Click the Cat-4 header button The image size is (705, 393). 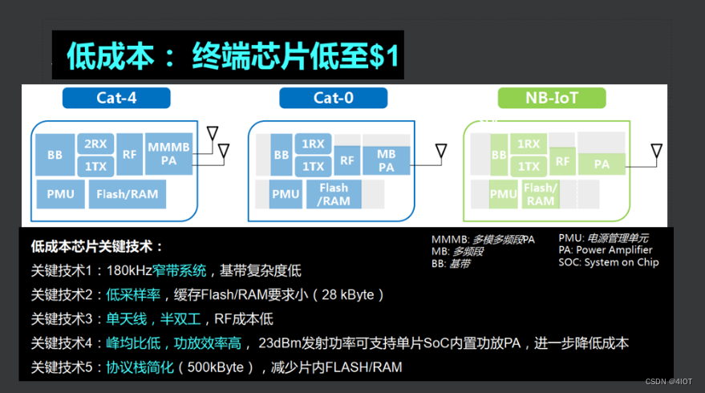tap(116, 98)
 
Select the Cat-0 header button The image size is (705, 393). tap(333, 98)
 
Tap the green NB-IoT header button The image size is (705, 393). tap(551, 98)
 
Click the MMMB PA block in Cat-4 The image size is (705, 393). tap(168, 154)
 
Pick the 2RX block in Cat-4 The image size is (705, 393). tap(95, 144)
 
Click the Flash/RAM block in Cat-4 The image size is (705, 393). tap(127, 193)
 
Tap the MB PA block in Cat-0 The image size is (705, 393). tap(386, 160)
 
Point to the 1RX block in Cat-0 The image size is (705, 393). tap(313, 144)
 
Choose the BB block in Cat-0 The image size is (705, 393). tap(281, 156)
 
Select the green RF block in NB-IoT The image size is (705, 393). tap(563, 161)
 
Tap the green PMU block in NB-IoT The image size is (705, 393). tap(503, 193)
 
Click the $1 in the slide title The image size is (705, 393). tap(383, 55)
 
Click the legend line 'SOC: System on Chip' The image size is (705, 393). tap(609, 261)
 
